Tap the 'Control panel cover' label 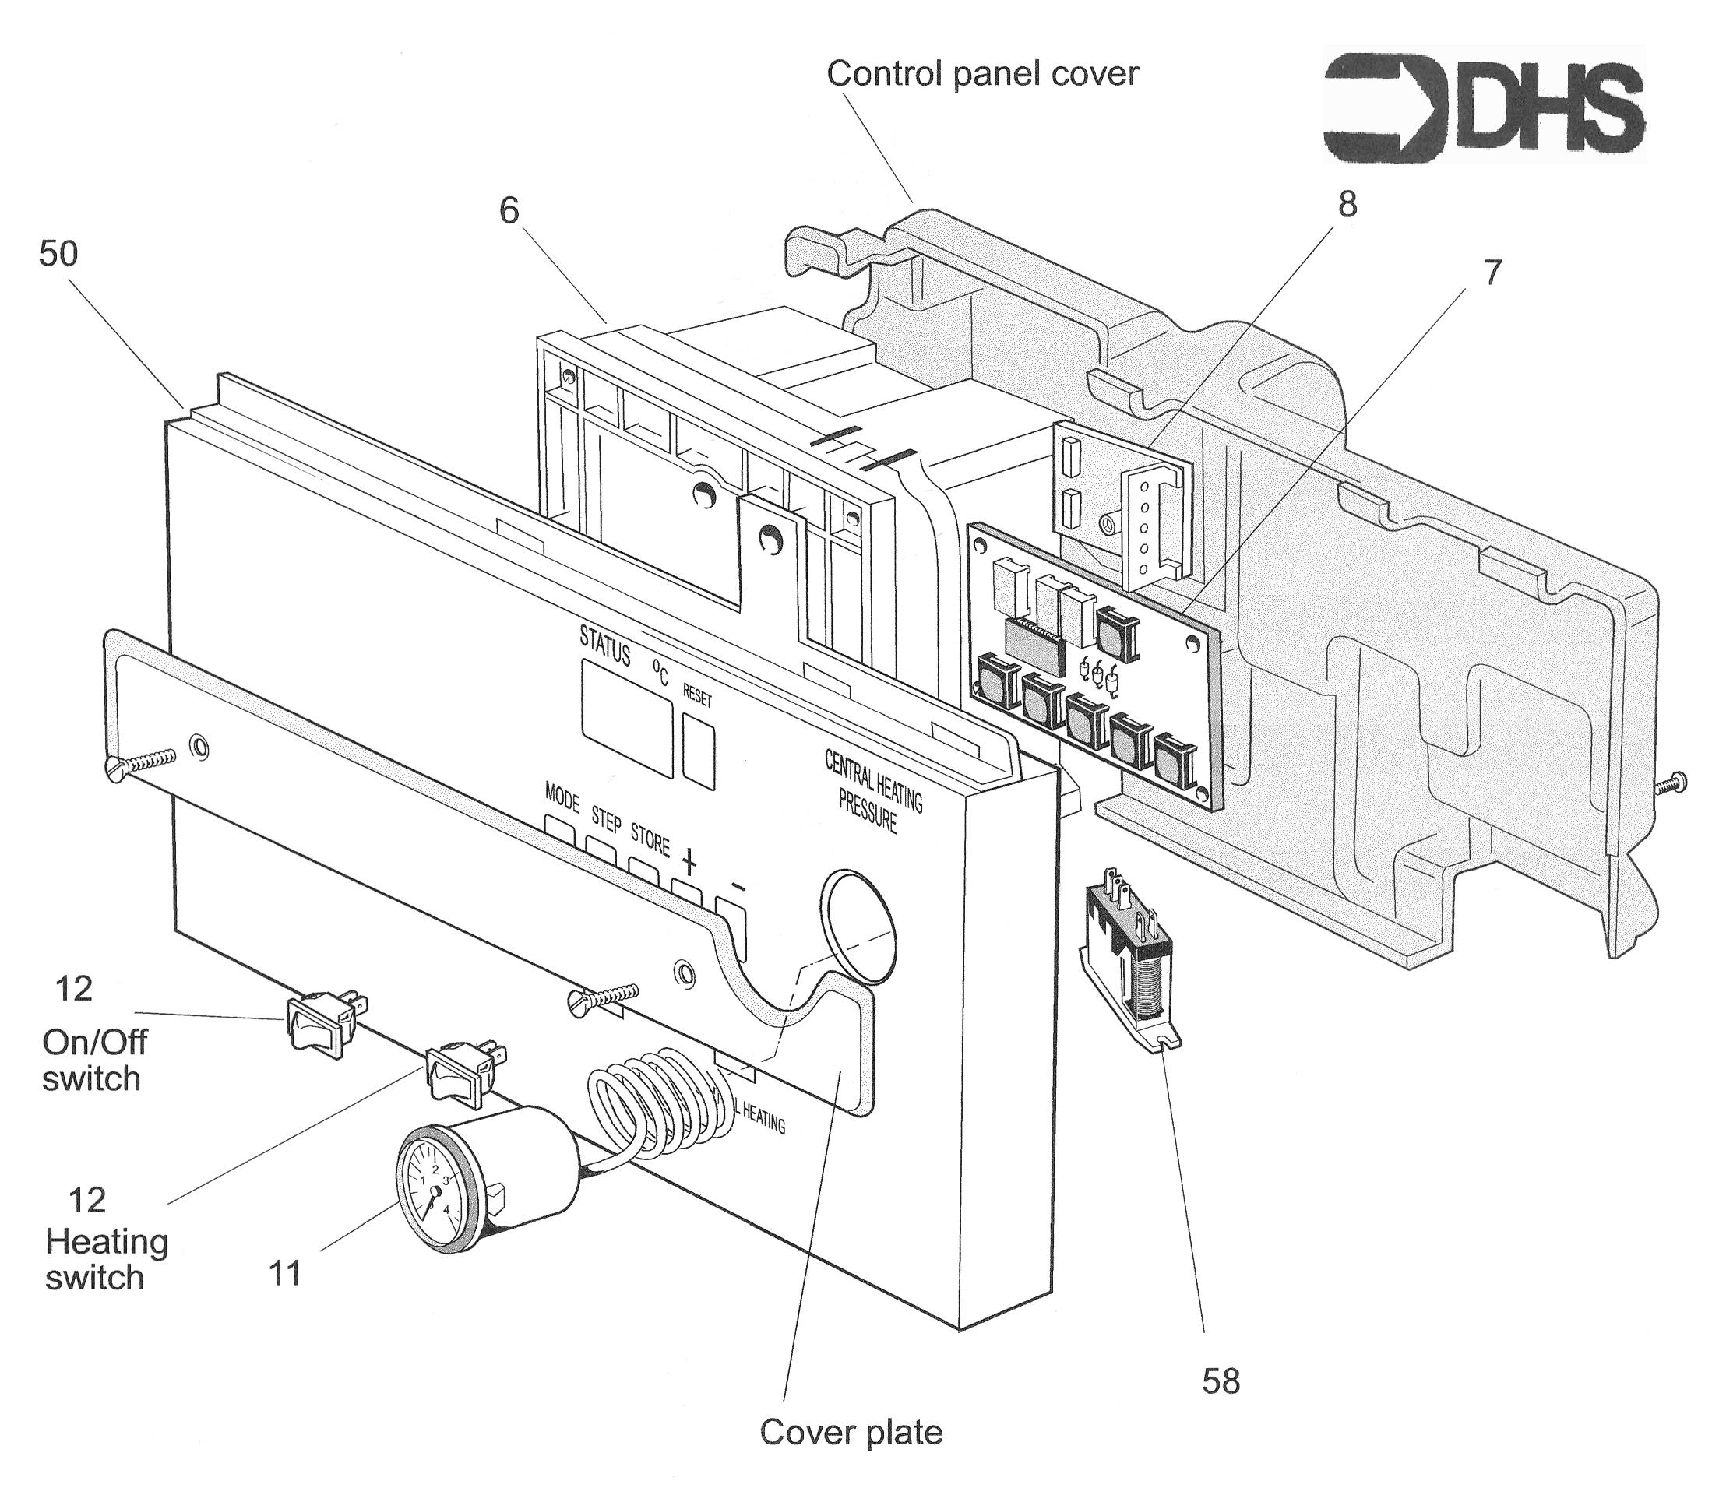click(x=982, y=74)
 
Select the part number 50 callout click(x=58, y=254)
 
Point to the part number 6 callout click(x=509, y=210)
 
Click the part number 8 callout click(x=1347, y=204)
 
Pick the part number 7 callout click(x=1492, y=272)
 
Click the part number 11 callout click(x=284, y=1274)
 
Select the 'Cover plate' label click(x=851, y=1433)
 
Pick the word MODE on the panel click(x=562, y=798)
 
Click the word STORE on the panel click(x=650, y=839)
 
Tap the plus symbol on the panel click(x=690, y=861)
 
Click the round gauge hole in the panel click(x=857, y=922)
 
